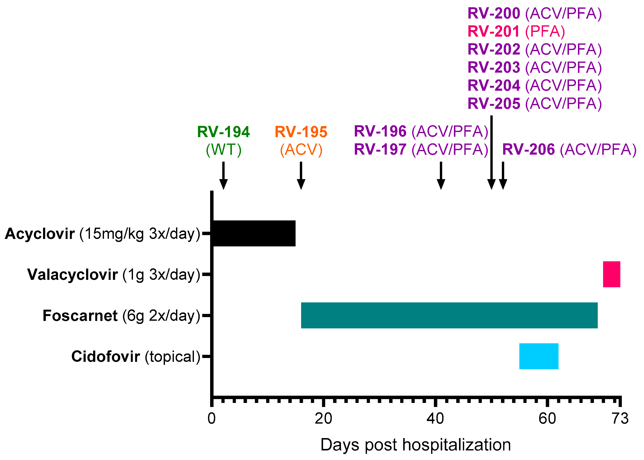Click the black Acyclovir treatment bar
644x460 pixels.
click(254, 233)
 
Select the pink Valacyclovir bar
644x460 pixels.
click(611, 274)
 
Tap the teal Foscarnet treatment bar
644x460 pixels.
click(449, 315)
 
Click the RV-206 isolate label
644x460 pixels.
click(528, 149)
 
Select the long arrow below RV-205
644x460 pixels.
click(491, 153)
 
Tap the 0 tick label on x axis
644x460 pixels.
click(211, 419)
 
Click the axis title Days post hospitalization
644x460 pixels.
click(416, 445)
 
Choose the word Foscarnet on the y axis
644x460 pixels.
click(80, 315)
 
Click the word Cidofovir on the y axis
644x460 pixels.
click(105, 356)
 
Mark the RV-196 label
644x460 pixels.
click(380, 131)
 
